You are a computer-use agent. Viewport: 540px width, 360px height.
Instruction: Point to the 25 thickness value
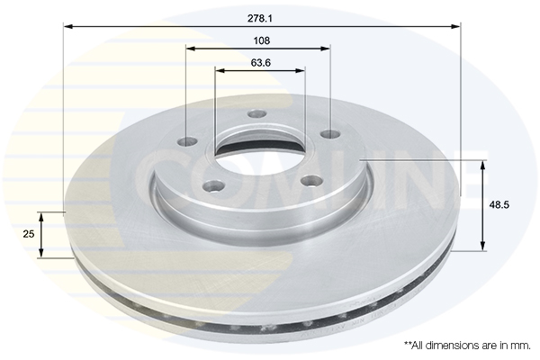tap(28, 233)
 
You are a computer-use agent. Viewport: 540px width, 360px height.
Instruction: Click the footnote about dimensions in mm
tap(467, 345)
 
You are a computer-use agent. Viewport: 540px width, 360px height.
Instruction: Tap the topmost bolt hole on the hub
tap(257, 114)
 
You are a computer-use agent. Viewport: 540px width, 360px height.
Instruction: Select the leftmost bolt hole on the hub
tap(189, 141)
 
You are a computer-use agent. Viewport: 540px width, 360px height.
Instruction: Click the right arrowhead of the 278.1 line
tap(457, 26)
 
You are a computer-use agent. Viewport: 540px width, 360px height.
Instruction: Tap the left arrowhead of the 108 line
tap(190, 49)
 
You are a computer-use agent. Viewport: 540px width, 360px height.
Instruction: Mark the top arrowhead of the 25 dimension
tap(41, 214)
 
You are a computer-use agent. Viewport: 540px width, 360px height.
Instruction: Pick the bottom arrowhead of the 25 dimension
tap(41, 254)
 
